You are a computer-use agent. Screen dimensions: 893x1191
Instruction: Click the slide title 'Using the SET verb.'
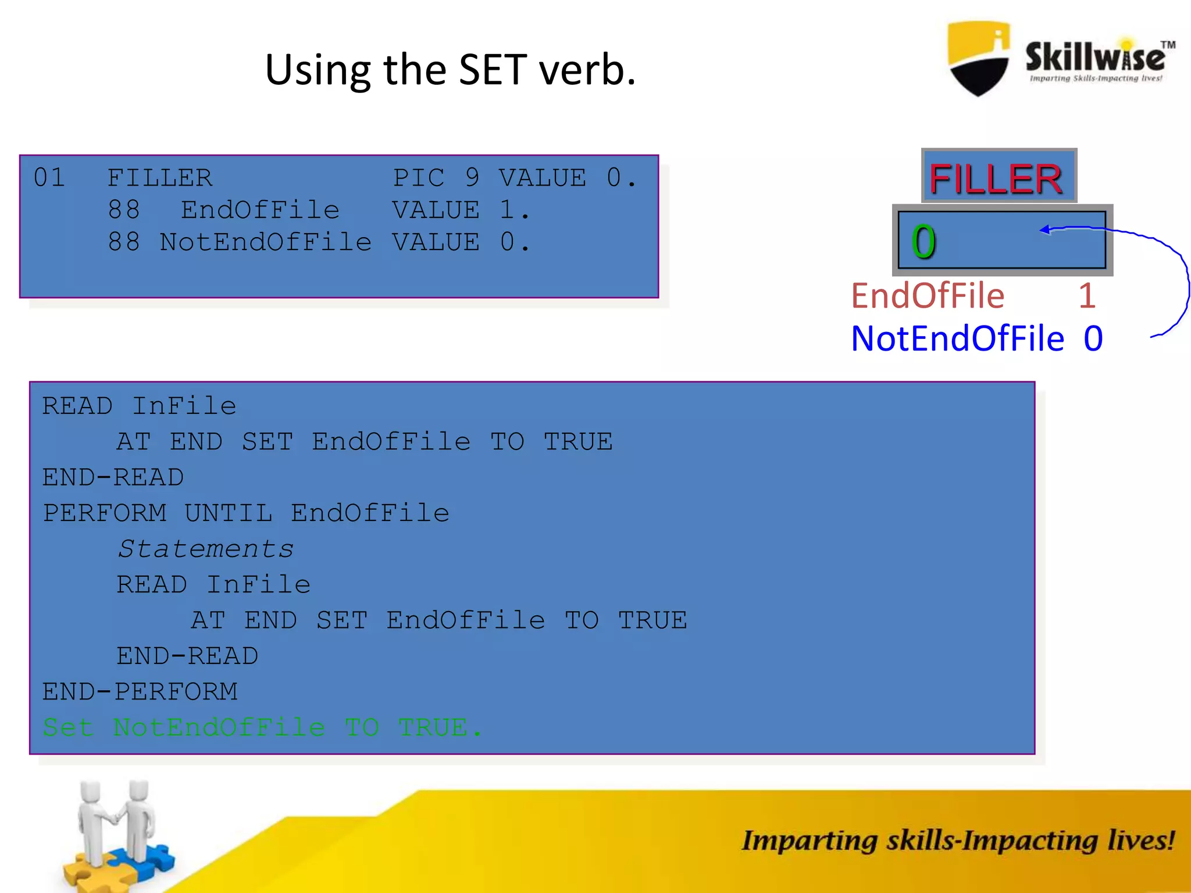(450, 70)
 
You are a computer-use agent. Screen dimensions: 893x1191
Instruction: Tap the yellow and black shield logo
(979, 58)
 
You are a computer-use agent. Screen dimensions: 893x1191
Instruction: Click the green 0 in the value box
(923, 242)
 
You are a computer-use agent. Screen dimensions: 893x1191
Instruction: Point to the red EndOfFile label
(928, 296)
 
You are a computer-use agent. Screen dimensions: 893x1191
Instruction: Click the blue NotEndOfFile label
(957, 338)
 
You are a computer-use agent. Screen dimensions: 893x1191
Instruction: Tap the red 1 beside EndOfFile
(1086, 296)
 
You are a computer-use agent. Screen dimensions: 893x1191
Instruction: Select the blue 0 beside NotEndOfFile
(1093, 338)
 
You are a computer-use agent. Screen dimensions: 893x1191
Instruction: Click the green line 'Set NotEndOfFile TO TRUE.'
(262, 727)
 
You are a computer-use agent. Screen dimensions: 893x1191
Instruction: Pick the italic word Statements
(206, 549)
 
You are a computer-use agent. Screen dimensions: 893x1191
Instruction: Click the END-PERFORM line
(140, 692)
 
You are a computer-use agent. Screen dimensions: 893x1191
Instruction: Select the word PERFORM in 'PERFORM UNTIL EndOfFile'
(105, 513)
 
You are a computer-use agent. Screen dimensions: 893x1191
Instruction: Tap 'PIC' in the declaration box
(418, 178)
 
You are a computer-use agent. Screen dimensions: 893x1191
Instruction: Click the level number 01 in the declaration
(49, 178)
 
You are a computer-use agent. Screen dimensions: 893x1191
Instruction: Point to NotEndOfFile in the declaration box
(265, 242)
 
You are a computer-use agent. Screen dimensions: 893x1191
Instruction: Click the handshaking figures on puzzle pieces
(116, 831)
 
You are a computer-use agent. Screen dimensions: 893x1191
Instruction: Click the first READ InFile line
(139, 406)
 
